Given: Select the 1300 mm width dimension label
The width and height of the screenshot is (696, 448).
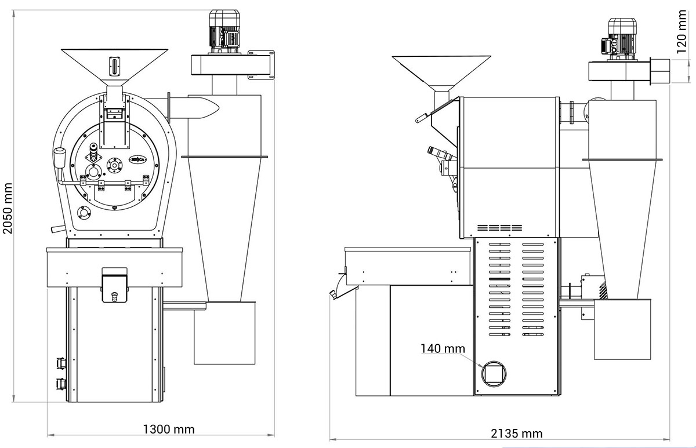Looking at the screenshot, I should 168,429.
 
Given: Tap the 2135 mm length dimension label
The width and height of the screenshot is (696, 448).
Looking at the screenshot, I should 516,434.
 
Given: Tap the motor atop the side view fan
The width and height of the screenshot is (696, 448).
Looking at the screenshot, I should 621,37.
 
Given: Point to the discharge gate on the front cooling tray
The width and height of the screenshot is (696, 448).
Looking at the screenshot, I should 114,285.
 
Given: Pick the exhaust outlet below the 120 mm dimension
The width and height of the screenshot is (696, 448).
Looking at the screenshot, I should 660,70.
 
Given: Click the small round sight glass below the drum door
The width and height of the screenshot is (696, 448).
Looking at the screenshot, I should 85,213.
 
